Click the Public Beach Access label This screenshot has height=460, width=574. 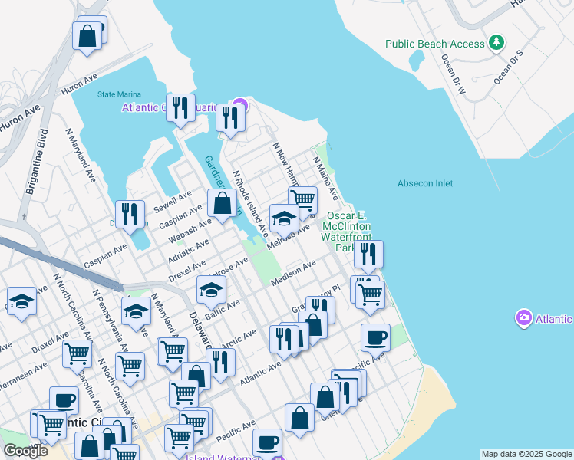pos(435,44)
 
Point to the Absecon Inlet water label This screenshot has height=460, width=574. pos(425,183)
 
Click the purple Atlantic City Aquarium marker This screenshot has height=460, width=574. pos(241,105)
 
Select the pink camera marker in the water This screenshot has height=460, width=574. pos(525,317)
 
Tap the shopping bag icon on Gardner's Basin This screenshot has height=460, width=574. pos(222,204)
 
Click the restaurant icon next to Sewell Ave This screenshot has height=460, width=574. pos(130,215)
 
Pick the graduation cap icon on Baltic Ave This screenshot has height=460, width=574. pos(212,290)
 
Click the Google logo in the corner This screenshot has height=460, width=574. pos(25,451)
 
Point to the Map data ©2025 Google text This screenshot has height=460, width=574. pos(526,454)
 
